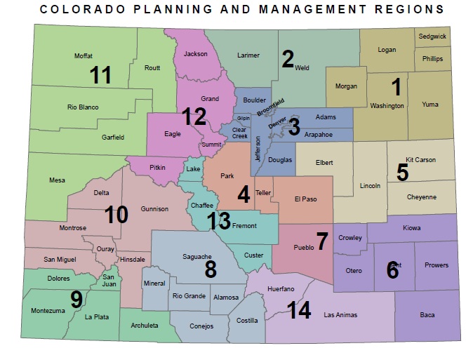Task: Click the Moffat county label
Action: [84, 56]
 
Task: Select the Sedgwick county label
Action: [432, 36]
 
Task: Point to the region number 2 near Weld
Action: [288, 58]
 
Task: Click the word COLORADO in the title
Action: [76, 9]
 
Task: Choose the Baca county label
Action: [427, 314]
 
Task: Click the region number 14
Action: [300, 310]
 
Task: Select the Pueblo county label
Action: [303, 248]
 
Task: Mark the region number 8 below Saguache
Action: [211, 269]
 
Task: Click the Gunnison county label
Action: [154, 209]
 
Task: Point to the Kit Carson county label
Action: [420, 160]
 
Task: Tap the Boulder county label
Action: [254, 100]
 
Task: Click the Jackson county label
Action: [196, 54]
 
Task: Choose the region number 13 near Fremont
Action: [219, 222]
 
